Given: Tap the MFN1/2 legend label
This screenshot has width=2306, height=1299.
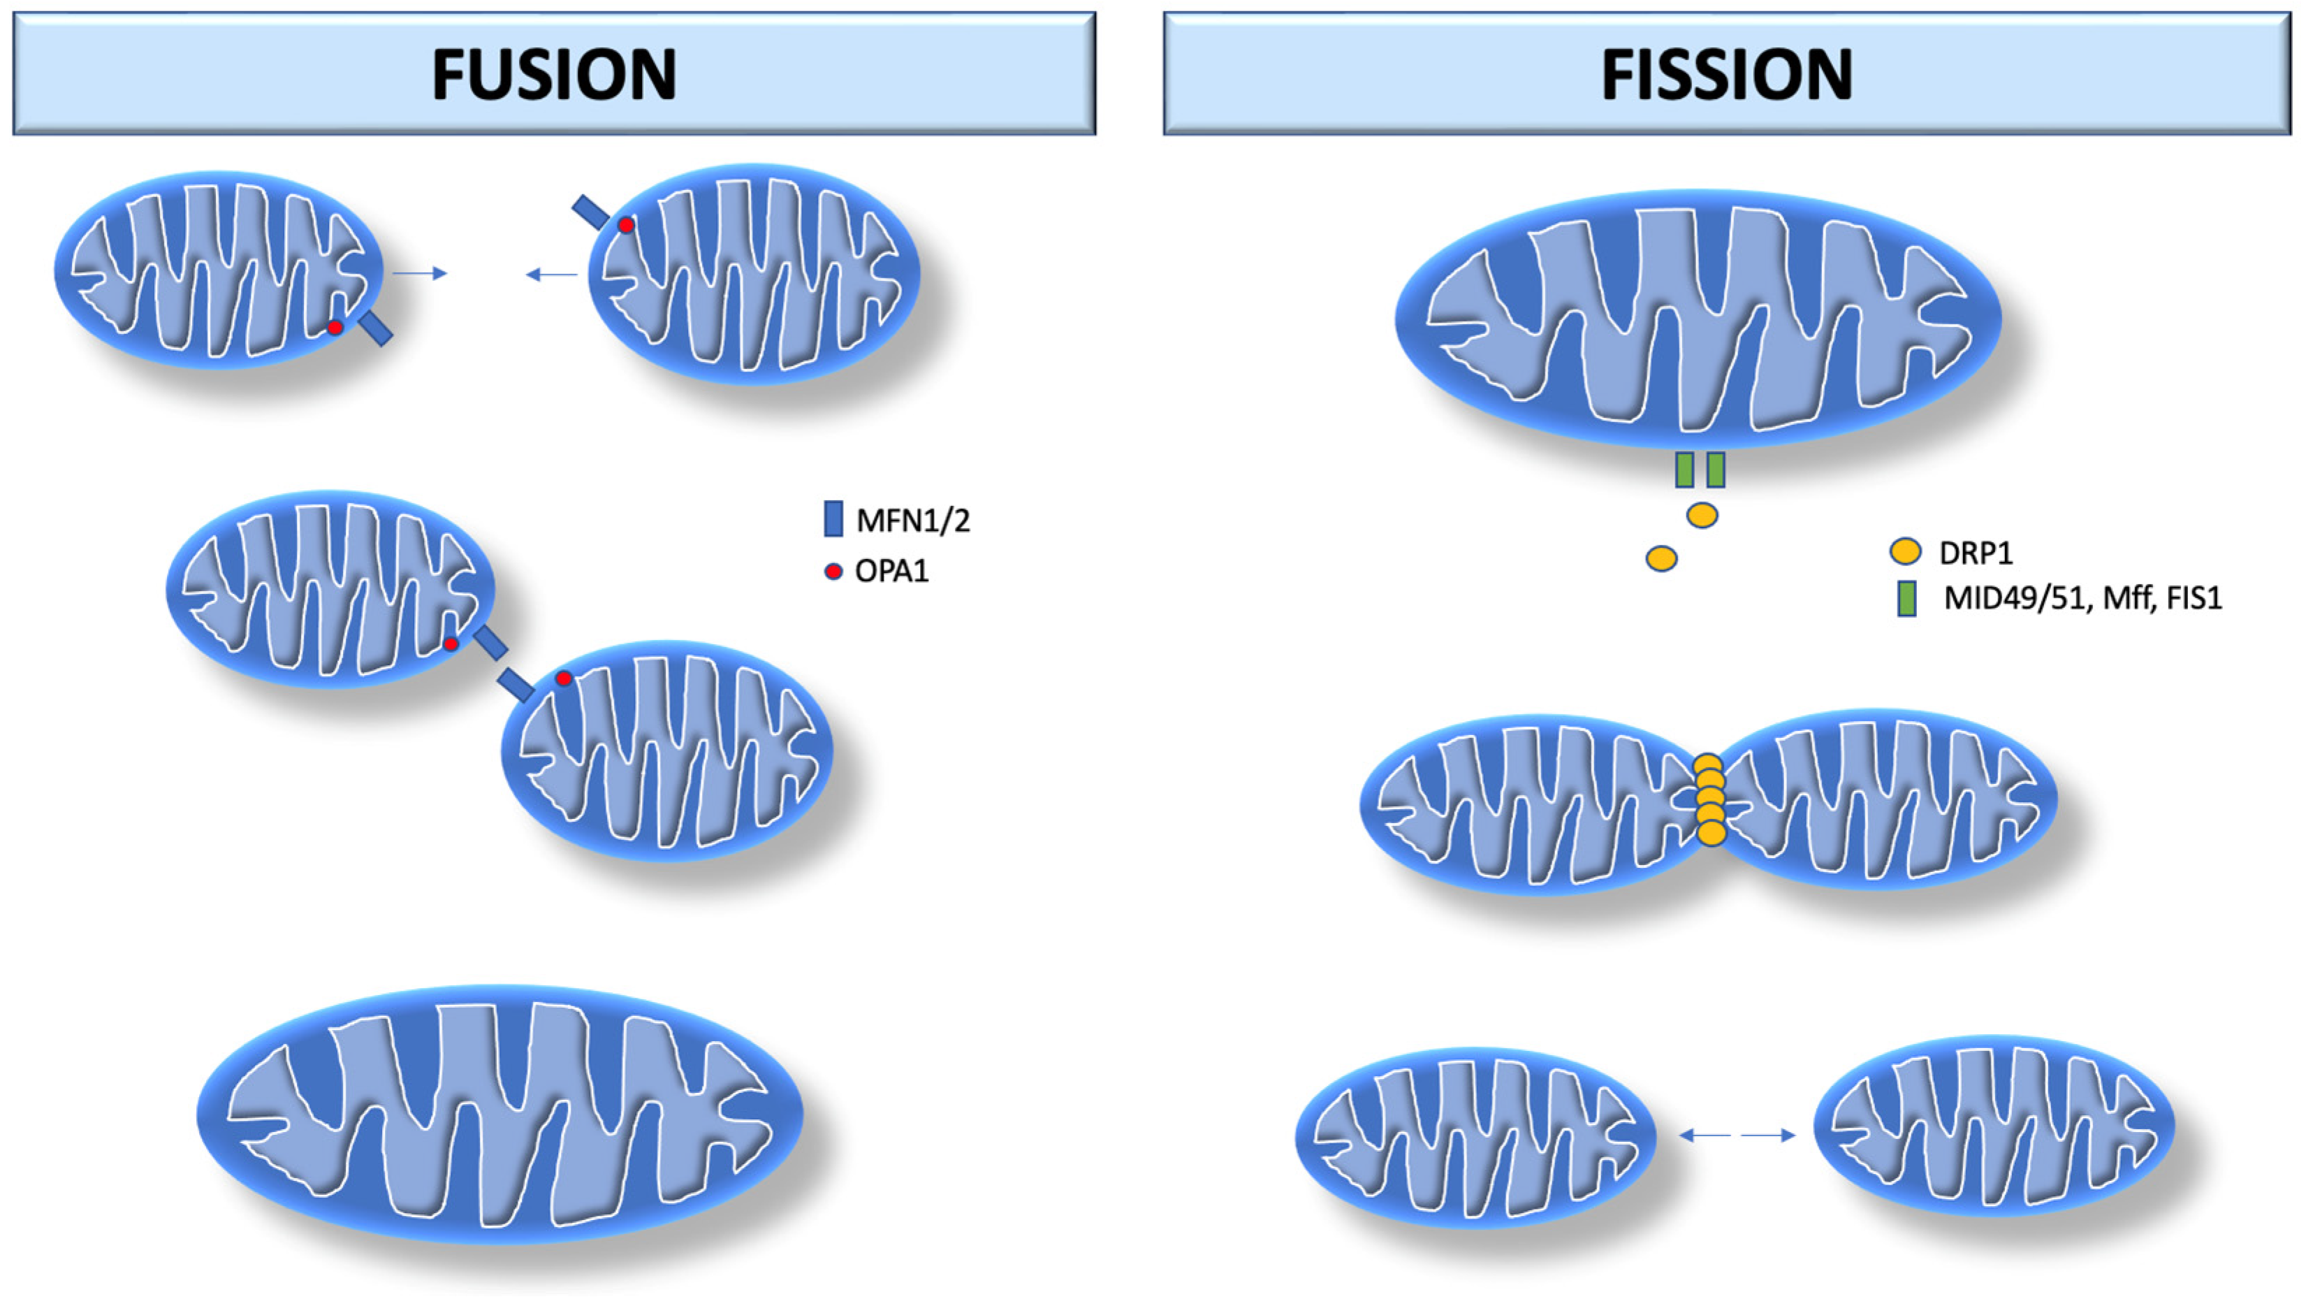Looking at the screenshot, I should tap(912, 520).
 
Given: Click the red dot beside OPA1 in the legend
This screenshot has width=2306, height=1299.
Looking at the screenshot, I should tap(833, 571).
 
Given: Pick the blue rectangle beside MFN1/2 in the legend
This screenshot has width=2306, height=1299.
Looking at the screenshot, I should tap(833, 519).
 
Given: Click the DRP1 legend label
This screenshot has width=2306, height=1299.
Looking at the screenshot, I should tap(1976, 553).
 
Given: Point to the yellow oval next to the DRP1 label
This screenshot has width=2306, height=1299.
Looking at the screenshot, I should tap(1905, 551).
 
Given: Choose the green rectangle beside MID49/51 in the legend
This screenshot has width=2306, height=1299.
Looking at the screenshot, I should tap(1906, 598).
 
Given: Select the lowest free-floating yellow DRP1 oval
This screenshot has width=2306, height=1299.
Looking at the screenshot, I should tap(1661, 558).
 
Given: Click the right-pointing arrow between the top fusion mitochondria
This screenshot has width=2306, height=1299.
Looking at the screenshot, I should tap(421, 273).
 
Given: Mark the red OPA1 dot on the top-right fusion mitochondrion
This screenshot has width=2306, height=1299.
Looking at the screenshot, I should tap(626, 226).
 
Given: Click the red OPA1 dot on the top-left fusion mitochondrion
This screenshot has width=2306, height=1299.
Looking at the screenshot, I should tap(335, 328).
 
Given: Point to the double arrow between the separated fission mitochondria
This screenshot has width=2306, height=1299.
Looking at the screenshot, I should tap(1737, 1135).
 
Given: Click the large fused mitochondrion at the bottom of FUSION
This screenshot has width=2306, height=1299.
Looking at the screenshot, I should tap(499, 1115).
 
